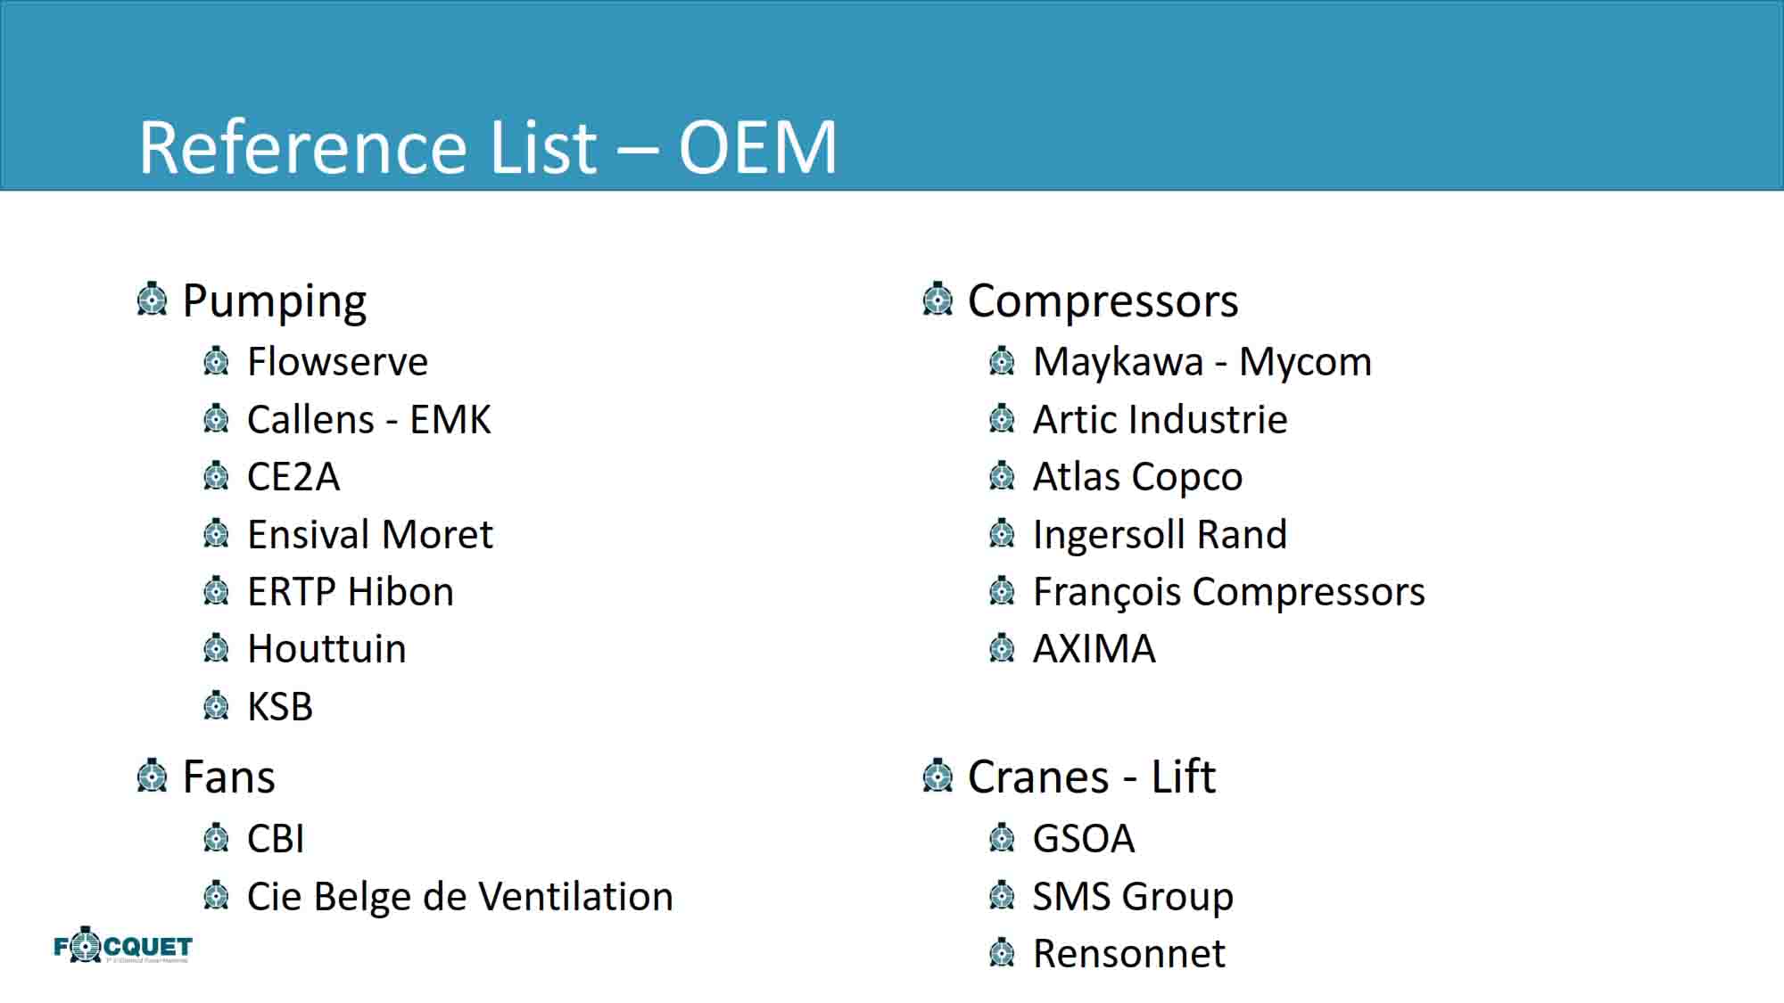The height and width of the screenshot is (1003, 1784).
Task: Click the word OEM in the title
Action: [x=757, y=146]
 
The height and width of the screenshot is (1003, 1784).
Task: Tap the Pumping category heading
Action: [x=274, y=301]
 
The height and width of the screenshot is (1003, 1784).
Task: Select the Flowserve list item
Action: [x=337, y=361]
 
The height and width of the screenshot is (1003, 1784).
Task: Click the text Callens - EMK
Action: [x=368, y=419]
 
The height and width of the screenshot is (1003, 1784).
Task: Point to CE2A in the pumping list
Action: [x=293, y=477]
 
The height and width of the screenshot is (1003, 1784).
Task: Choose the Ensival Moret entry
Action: [x=370, y=534]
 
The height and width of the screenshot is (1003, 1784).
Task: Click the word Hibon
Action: [x=401, y=592]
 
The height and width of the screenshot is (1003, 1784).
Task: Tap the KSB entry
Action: [x=280, y=707]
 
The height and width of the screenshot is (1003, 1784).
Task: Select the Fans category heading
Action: [x=228, y=777]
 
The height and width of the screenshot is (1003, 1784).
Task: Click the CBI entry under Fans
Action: [x=276, y=839]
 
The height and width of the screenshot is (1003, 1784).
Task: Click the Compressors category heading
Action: [x=1103, y=301]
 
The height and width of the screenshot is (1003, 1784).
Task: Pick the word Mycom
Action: [x=1305, y=362]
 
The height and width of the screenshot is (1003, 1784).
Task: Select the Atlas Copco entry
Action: [x=1137, y=477]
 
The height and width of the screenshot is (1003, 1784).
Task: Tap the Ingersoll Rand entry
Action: [x=1160, y=535]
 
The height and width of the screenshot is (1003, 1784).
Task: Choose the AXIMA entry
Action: [x=1094, y=649]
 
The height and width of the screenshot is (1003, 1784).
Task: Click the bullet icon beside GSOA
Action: [x=1002, y=838]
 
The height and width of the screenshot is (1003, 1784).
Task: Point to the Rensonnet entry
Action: [x=1128, y=954]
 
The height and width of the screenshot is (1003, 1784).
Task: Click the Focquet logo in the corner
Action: [x=123, y=945]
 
